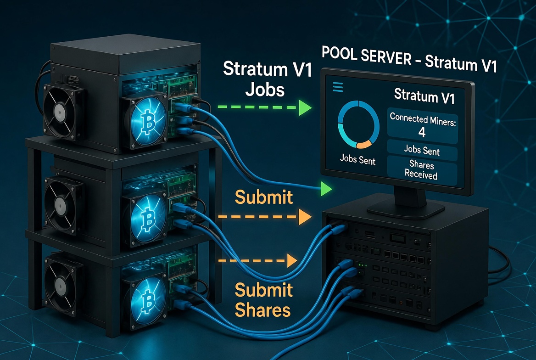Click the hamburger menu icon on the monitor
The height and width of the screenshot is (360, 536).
click(x=338, y=87)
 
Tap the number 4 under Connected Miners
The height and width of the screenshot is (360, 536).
click(x=422, y=132)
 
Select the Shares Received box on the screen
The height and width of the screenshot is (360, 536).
click(x=422, y=170)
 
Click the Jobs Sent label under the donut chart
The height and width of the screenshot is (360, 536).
click(x=357, y=161)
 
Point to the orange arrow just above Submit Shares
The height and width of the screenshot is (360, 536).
click(x=257, y=261)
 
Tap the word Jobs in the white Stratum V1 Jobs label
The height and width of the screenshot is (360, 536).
click(x=265, y=89)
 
